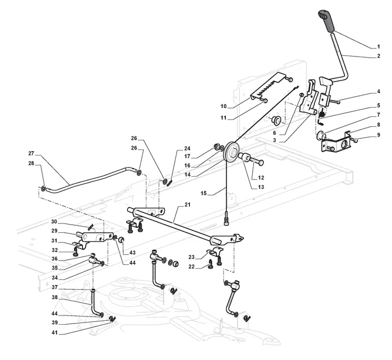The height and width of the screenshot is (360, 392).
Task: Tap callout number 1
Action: click(x=378, y=47)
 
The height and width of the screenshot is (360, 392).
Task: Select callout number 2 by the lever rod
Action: click(x=378, y=56)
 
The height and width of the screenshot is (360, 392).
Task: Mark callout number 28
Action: click(x=31, y=163)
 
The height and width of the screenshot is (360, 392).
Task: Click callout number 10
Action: click(x=223, y=105)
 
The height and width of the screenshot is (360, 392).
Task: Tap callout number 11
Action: click(x=223, y=117)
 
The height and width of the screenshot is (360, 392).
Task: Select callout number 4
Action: click(x=378, y=91)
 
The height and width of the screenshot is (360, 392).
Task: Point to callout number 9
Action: click(x=378, y=134)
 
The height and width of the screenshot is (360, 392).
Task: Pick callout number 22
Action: click(x=192, y=266)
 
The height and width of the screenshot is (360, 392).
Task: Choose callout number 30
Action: click(x=54, y=222)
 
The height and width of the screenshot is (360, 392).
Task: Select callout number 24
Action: click(x=187, y=148)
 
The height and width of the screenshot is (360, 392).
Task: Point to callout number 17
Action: click(x=187, y=156)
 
